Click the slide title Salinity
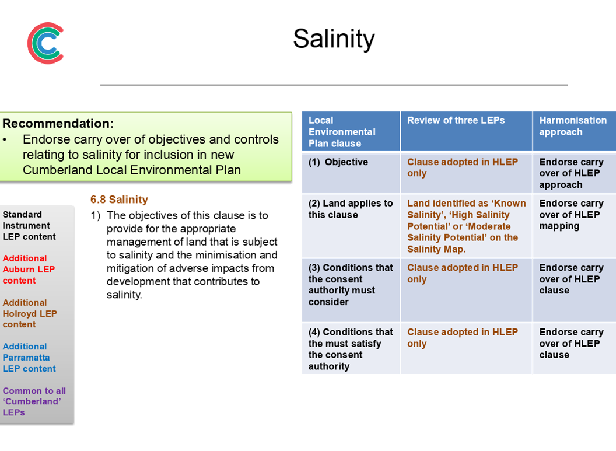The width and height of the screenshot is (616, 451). click(x=334, y=39)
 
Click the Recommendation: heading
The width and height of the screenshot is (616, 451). click(x=58, y=123)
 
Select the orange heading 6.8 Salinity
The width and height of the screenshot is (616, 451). click(x=119, y=200)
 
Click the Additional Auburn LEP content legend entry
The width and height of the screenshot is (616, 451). click(x=29, y=270)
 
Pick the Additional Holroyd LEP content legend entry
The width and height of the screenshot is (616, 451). click(x=30, y=313)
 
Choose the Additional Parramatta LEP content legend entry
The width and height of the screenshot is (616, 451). click(x=29, y=358)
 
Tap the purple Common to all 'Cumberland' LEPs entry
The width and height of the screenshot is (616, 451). click(x=34, y=401)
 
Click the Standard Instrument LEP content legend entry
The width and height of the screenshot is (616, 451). click(x=29, y=225)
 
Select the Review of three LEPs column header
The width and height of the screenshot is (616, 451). click(x=456, y=120)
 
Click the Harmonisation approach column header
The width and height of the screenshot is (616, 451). click(x=573, y=126)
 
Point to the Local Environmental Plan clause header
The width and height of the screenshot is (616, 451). click(x=342, y=132)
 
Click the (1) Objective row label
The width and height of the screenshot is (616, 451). click(x=338, y=162)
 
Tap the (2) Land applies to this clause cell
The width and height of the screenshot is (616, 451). click(x=351, y=209)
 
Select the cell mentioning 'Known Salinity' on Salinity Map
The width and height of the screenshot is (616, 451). click(x=466, y=226)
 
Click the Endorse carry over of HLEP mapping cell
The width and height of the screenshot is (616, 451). click(x=571, y=215)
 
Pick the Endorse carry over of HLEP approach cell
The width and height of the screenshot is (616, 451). click(x=571, y=173)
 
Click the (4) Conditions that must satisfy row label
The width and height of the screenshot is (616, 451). click(x=351, y=349)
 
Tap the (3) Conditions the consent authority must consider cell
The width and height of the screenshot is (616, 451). click(x=351, y=285)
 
